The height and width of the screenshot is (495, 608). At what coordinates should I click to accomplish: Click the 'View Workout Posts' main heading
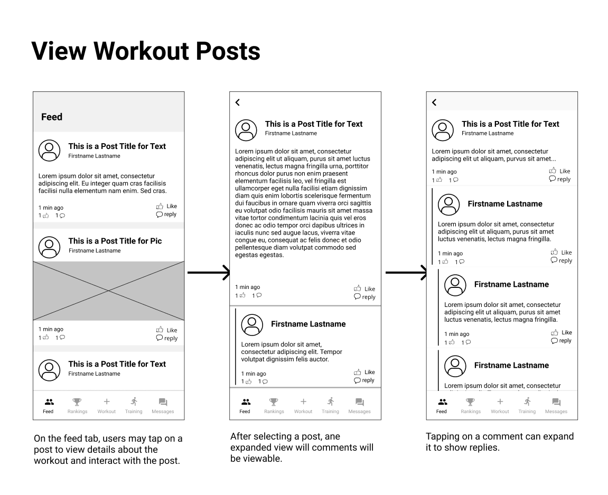[x=146, y=51]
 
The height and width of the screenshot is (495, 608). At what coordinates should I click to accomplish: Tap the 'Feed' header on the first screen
[x=52, y=117]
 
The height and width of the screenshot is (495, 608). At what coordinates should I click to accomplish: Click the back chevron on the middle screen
[x=238, y=102]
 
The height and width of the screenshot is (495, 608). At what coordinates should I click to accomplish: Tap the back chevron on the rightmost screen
[x=434, y=102]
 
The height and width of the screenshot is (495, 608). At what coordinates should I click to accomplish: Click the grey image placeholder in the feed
[x=109, y=291]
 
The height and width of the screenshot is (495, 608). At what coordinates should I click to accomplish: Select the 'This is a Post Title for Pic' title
[x=115, y=241]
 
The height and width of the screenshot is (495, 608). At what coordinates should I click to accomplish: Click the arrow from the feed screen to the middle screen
[x=208, y=273]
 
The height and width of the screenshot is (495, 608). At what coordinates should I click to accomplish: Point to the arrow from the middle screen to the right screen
[x=406, y=273]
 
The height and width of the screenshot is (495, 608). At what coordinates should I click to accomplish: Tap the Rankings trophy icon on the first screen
[x=77, y=402]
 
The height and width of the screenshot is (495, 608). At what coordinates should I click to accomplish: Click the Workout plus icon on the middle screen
[x=303, y=402]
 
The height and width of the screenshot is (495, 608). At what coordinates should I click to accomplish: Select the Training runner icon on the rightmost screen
[x=527, y=402]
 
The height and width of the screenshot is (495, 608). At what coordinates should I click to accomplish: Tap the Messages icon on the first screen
[x=163, y=402]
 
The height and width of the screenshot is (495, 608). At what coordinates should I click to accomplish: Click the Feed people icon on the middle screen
[x=245, y=402]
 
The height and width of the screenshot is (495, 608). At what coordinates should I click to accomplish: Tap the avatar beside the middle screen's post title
[x=246, y=130]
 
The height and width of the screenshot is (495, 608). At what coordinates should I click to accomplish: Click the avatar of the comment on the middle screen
[x=252, y=324]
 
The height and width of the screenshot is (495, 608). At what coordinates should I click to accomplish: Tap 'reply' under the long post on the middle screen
[x=365, y=297]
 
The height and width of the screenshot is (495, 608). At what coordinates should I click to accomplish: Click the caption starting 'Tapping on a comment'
[x=499, y=442]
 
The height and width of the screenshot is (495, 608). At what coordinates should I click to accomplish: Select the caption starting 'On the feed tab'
[x=108, y=450]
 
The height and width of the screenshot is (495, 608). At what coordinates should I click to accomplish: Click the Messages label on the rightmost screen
[x=556, y=412]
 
